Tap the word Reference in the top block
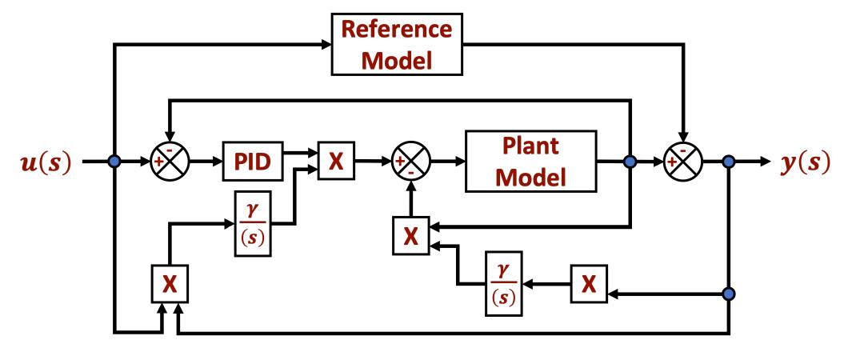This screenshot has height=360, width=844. (x=398, y=30)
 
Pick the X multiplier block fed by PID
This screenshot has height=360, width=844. (x=337, y=162)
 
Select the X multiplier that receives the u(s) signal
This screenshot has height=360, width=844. (x=169, y=286)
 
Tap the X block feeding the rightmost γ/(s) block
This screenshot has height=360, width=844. (x=589, y=286)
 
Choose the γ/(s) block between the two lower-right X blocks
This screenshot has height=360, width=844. (x=504, y=286)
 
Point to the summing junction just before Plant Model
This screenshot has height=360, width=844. (x=411, y=162)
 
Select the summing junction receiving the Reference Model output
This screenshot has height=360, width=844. (x=682, y=162)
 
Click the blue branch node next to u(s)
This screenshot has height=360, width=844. (x=114, y=162)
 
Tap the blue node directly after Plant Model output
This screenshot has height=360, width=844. (x=630, y=162)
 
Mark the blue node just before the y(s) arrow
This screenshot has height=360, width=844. (x=729, y=162)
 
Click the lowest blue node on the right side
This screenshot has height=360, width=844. (x=729, y=294)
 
